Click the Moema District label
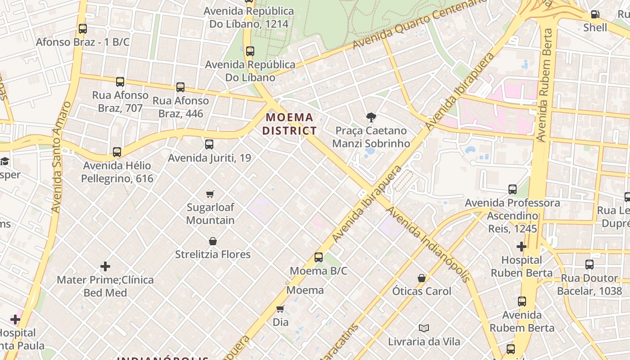click(x=289, y=124)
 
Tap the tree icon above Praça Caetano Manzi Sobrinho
click(x=371, y=117)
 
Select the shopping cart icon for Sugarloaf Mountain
click(x=210, y=194)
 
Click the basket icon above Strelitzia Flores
click(x=213, y=241)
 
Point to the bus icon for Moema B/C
click(x=319, y=257)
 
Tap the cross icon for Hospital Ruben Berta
click(x=522, y=247)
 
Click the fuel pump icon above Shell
click(x=595, y=14)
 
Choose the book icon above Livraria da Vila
click(x=423, y=328)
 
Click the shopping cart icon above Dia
click(x=280, y=309)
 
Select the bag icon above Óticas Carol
click(x=422, y=278)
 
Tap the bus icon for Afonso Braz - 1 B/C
click(x=83, y=29)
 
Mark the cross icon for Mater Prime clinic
click(x=105, y=266)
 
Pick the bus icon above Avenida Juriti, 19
click(x=209, y=144)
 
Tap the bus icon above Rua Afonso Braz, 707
click(x=120, y=82)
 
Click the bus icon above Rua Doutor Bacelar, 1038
click(x=589, y=265)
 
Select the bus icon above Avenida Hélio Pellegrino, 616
click(x=117, y=152)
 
